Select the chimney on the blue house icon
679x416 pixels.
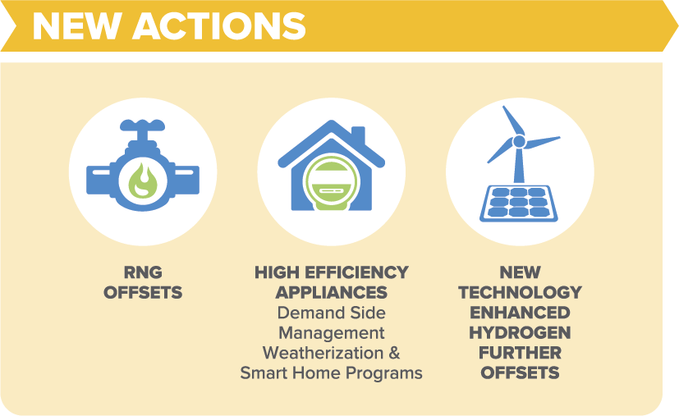tap(356, 135)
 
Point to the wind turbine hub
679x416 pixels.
tap(518, 142)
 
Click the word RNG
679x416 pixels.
tap(142, 272)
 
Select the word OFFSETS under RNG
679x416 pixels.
tap(142, 292)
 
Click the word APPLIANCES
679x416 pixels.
tap(331, 292)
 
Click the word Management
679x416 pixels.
tap(331, 333)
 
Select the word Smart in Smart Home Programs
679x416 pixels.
tap(266, 373)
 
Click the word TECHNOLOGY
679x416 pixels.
tap(520, 292)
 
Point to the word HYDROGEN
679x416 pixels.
tap(520, 333)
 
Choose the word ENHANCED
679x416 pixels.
tap(520, 313)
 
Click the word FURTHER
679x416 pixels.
tap(520, 353)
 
